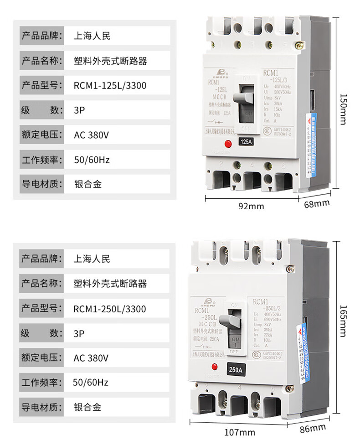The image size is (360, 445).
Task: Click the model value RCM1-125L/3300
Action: click(110, 85)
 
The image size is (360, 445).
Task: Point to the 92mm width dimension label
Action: click(252, 206)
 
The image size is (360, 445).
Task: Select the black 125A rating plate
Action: click(246, 142)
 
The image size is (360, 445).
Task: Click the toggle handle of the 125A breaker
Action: click(243, 97)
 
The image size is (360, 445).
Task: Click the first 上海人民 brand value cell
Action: click(92, 36)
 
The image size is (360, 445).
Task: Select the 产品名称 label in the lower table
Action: click(41, 284)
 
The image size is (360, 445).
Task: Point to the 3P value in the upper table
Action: click(80, 110)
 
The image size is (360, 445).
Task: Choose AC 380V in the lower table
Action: click(91, 358)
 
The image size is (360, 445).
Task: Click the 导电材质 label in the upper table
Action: click(41, 184)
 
